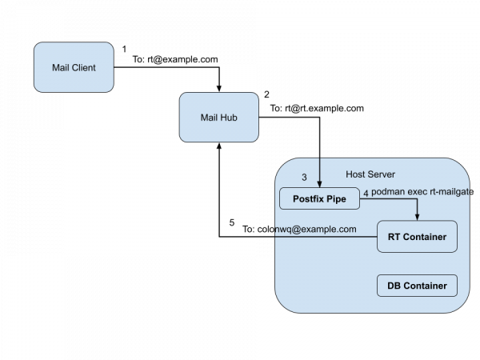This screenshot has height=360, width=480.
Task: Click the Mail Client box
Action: (73, 68)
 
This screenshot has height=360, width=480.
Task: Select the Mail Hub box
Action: (218, 118)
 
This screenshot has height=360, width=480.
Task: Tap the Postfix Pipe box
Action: (319, 198)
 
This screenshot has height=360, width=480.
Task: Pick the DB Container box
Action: (416, 285)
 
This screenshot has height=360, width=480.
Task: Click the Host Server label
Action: (370, 174)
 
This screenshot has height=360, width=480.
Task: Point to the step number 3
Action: (304, 177)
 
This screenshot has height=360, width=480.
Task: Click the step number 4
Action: (366, 194)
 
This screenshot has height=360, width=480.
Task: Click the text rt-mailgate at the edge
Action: (454, 193)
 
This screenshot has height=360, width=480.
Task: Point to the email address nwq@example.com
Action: (315, 229)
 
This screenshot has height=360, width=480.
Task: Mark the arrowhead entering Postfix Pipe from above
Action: (319, 184)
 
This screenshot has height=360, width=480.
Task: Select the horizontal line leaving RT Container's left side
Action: (328, 237)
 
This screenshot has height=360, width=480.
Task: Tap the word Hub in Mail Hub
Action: (228, 118)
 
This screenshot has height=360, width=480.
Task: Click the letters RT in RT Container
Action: (394, 237)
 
